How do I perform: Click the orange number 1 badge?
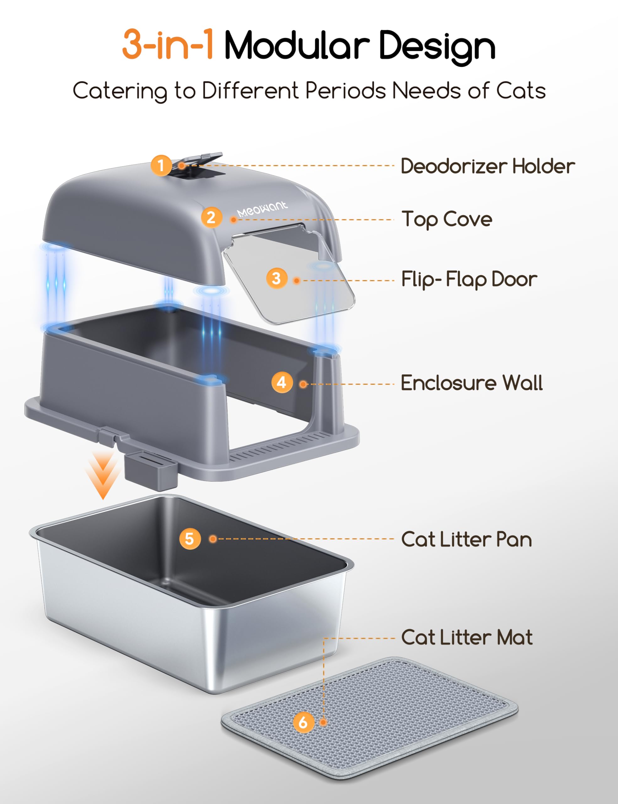(x=161, y=165)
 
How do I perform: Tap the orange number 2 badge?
(x=211, y=217)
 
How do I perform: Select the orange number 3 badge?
(x=277, y=278)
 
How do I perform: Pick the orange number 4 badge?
(x=282, y=383)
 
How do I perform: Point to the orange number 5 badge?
(x=190, y=539)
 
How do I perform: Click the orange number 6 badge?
(x=304, y=722)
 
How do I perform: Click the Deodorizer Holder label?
(x=488, y=166)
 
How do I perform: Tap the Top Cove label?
(x=447, y=220)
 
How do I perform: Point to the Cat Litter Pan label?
(x=466, y=540)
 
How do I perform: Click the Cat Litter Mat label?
(x=467, y=637)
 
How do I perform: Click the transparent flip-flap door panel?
(x=294, y=291)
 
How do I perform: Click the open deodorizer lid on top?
(x=202, y=158)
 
